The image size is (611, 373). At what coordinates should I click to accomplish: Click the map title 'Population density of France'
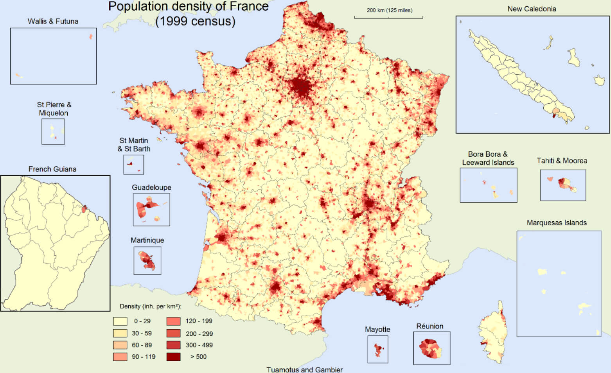(188, 7)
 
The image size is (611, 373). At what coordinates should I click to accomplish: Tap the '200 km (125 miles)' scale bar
(388, 17)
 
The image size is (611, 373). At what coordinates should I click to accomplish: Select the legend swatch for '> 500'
(173, 357)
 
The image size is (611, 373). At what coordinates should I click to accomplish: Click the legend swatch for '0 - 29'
(120, 321)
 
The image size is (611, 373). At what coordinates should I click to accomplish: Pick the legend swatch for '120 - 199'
(173, 321)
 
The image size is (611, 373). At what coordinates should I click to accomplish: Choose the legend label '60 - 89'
(142, 345)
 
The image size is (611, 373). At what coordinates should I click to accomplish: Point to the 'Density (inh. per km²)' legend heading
(151, 307)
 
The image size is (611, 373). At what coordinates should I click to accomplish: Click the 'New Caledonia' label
(532, 9)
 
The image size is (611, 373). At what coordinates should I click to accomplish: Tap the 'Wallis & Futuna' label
(53, 22)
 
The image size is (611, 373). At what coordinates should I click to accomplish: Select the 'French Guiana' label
(52, 169)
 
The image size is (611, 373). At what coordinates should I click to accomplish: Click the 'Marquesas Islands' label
(556, 223)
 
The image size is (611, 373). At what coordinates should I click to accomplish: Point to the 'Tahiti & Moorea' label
(562, 161)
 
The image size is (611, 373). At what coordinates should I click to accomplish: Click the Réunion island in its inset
(430, 348)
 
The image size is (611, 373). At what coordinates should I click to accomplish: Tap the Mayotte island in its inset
(377, 349)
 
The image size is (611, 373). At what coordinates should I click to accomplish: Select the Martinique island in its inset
(148, 261)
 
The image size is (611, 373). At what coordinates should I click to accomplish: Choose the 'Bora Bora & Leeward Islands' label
(488, 158)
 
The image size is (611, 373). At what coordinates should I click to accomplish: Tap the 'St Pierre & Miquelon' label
(54, 109)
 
